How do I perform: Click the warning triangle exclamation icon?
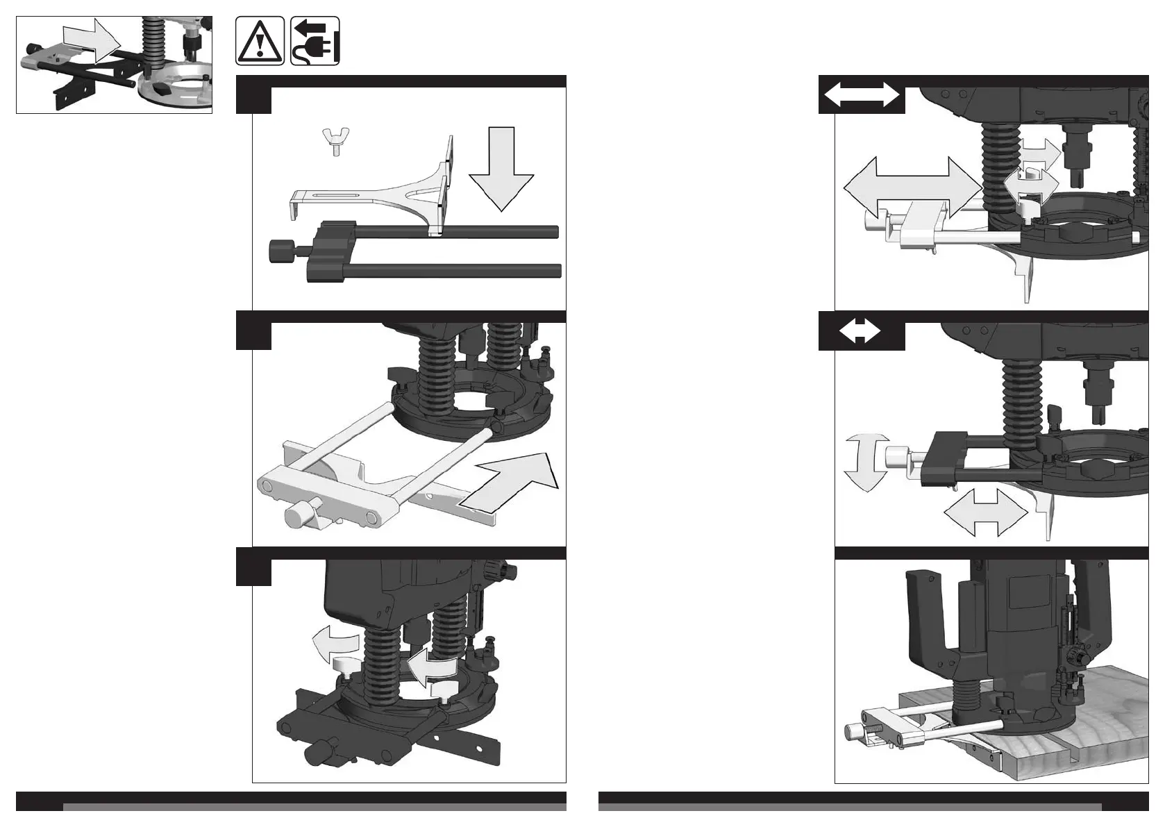tap(260, 42)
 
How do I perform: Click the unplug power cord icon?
tap(315, 42)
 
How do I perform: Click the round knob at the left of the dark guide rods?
tap(280, 250)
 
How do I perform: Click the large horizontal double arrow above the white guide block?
tap(912, 186)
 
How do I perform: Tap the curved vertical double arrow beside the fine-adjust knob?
tap(866, 462)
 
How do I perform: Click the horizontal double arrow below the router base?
tap(985, 512)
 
